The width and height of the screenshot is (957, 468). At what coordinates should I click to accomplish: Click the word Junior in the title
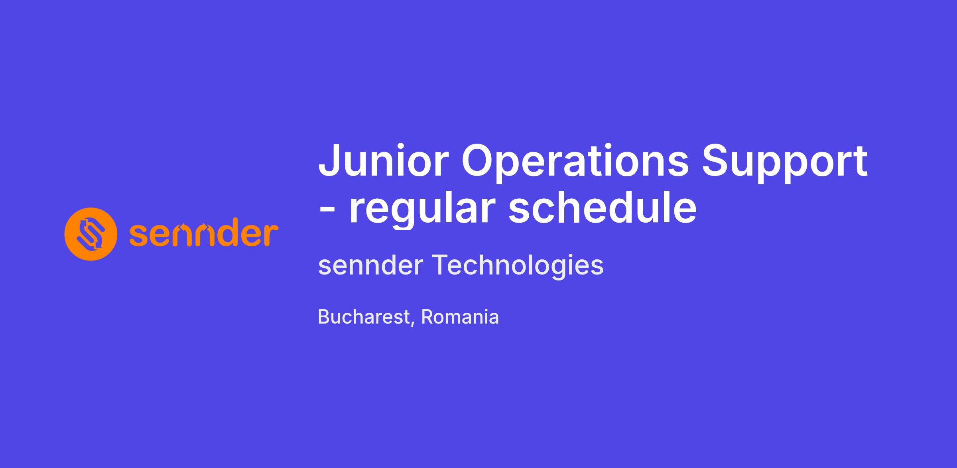click(384, 161)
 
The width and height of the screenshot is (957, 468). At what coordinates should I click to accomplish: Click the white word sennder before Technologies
click(370, 265)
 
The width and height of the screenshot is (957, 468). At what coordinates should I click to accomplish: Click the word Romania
click(460, 317)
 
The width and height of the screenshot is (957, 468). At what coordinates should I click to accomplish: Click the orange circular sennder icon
click(91, 234)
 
